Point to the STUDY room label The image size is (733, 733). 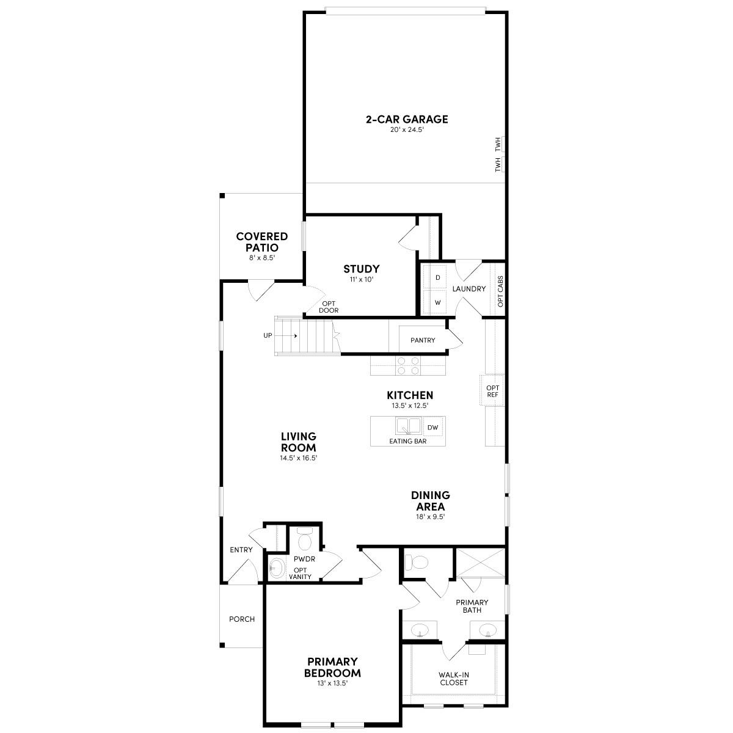point(361,269)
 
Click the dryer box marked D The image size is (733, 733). point(437,277)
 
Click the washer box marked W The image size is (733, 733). point(437,302)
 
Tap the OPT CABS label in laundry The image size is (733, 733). point(500,292)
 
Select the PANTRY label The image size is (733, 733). point(423,340)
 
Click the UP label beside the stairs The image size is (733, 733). point(268,335)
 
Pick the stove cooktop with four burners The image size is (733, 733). point(408,365)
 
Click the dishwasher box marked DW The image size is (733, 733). point(432,428)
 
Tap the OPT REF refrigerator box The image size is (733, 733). point(492,392)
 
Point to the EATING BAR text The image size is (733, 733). point(407,441)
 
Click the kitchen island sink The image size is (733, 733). point(407,425)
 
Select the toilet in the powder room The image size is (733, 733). point(304,540)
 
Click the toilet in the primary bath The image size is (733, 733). point(418,561)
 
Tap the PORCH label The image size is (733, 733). point(242,619)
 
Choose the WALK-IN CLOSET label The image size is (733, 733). point(454,679)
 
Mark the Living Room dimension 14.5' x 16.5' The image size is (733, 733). point(299,458)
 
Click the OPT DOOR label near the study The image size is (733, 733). point(329,307)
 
